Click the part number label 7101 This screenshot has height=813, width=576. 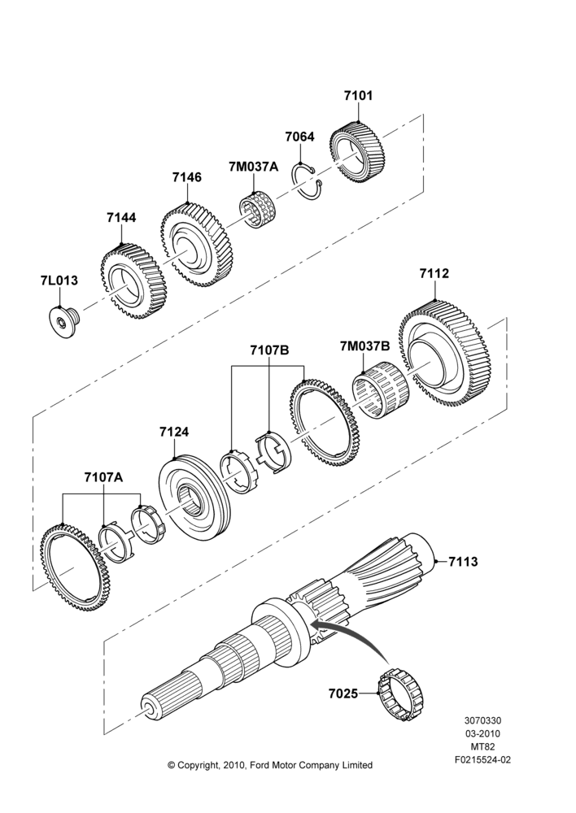click(x=358, y=96)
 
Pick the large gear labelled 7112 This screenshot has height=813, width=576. click(x=445, y=361)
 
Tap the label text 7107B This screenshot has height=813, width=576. click(x=269, y=350)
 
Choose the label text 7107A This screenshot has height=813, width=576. click(x=104, y=477)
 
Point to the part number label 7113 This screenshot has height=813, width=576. click(x=463, y=561)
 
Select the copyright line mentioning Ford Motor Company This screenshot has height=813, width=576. click(x=270, y=765)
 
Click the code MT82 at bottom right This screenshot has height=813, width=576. click(x=482, y=747)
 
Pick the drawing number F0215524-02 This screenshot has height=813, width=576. click(x=482, y=760)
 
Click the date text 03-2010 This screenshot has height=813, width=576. click(x=482, y=733)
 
